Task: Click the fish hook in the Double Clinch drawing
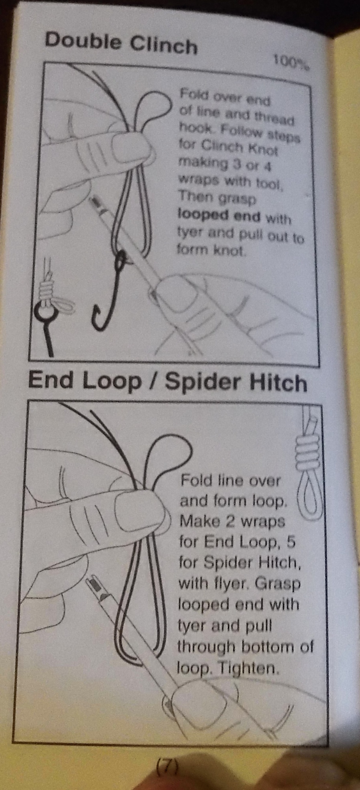point(109,289)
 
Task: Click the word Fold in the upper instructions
point(193,94)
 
